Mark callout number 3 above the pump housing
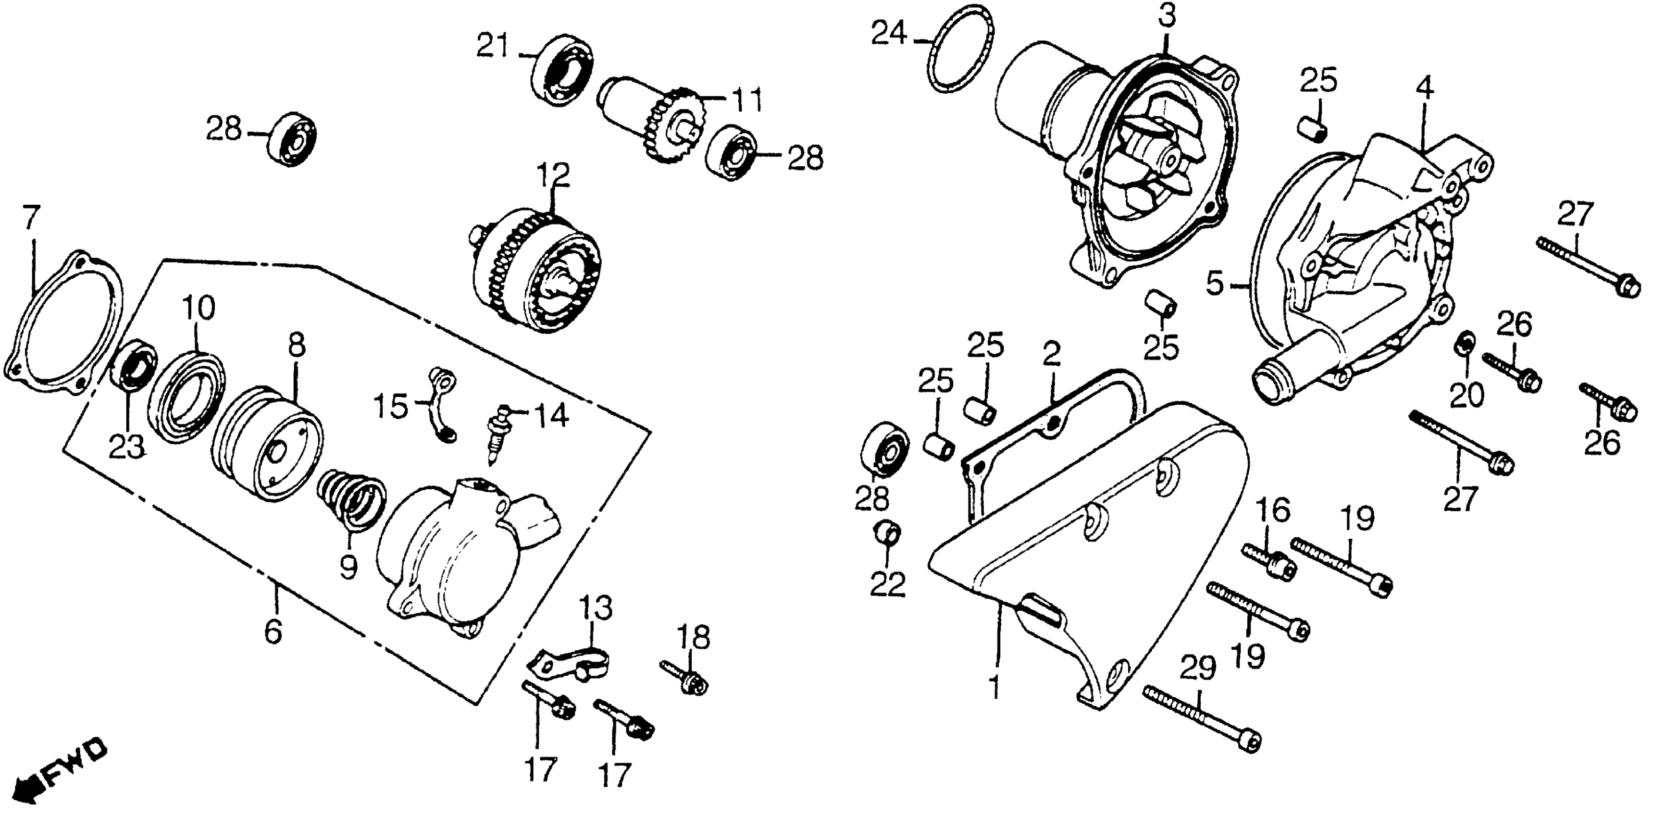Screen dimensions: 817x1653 1166,17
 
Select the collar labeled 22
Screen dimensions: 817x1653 887,534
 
